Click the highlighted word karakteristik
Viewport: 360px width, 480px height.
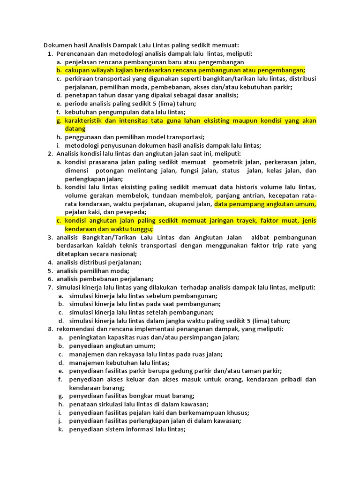pos(86,120)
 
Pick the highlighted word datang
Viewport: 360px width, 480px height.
pos(75,128)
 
